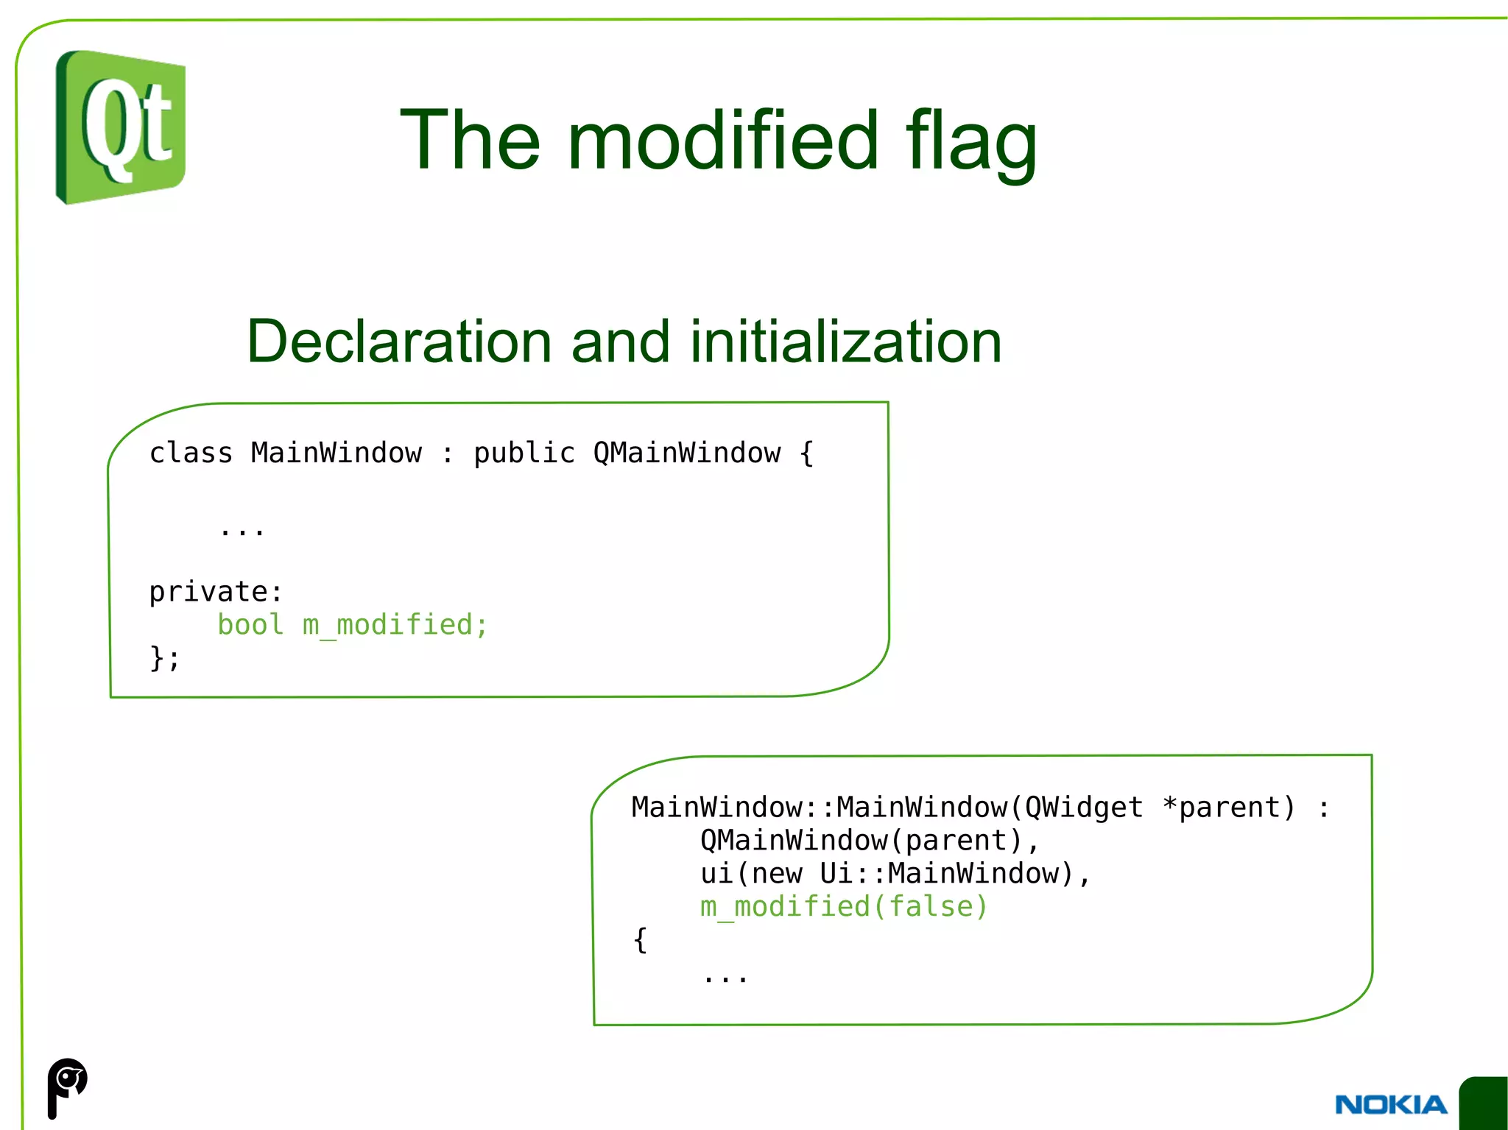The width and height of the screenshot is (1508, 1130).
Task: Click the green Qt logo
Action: tap(121, 127)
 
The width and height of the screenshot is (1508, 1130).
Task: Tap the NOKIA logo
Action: tap(1390, 1104)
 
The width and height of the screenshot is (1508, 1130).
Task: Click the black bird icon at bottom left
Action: tap(67, 1087)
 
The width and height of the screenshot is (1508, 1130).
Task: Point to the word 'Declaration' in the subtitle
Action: tap(398, 342)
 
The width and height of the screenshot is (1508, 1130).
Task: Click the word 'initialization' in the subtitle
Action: tap(845, 342)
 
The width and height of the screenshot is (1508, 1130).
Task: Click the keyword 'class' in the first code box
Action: tap(191, 453)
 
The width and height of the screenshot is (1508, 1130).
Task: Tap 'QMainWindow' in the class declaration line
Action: tap(686, 453)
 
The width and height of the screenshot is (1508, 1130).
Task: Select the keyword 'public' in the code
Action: tap(524, 453)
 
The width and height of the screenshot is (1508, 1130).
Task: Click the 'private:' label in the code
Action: tap(215, 591)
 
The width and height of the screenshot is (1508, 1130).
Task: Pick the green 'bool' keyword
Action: tap(250, 624)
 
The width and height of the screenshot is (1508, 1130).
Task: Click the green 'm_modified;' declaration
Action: tap(395, 625)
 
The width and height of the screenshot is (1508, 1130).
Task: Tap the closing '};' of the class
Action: tap(164, 657)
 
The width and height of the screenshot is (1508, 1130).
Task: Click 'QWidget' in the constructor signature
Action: tap(1083, 808)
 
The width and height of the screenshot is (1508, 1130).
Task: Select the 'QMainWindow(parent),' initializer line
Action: tap(869, 841)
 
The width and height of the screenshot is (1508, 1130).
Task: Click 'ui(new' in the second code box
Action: tap(751, 874)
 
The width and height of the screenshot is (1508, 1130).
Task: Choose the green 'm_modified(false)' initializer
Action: tap(843, 907)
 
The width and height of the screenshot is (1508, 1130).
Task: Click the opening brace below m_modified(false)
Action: tap(640, 940)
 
